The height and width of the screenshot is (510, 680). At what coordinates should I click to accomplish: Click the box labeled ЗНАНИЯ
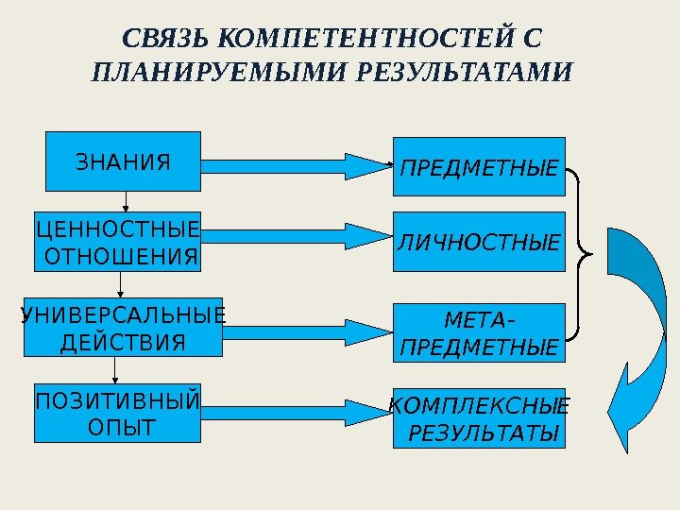[124, 161]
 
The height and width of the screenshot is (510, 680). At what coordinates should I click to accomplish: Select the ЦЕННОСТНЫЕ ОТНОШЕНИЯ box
[118, 242]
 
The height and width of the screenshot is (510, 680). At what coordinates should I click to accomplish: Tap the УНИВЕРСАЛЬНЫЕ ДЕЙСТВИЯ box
[122, 327]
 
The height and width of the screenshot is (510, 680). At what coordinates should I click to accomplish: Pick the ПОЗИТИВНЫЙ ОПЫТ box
[117, 413]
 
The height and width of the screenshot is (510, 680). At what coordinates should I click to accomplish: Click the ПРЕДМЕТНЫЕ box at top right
[479, 167]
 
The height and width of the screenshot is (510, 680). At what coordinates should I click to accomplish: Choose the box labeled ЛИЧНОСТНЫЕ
[479, 243]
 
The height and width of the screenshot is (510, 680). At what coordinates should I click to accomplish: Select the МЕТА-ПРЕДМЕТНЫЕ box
[479, 333]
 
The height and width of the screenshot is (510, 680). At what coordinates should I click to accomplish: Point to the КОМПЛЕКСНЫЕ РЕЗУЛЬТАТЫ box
[479, 417]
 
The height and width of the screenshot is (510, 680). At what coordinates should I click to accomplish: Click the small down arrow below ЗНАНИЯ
[125, 200]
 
